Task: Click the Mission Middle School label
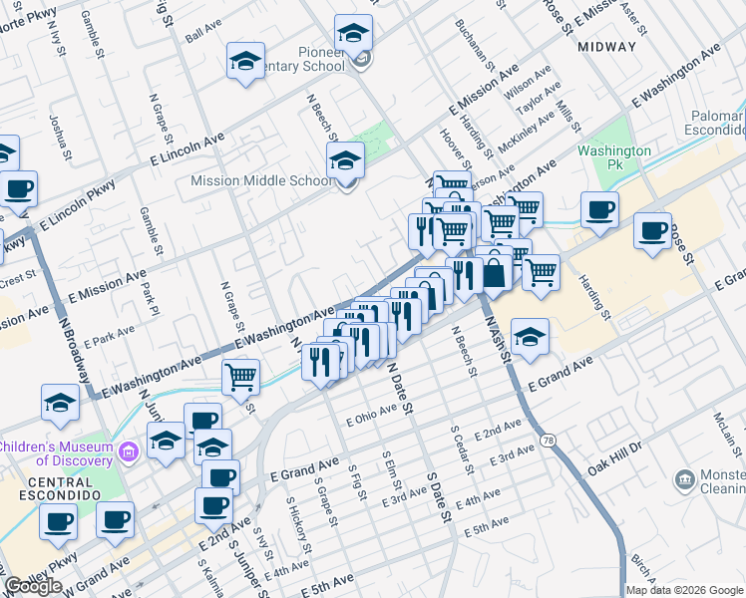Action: (261, 181)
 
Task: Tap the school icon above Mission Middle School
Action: (345, 159)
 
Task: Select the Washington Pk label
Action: (614, 158)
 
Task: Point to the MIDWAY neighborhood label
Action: (606, 47)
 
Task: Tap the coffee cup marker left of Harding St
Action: (599, 209)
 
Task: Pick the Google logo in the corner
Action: (33, 586)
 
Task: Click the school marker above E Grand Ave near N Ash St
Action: (531, 337)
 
